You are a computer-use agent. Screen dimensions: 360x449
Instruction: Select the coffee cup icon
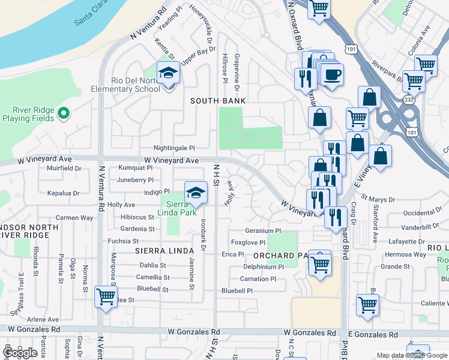coord(331,74)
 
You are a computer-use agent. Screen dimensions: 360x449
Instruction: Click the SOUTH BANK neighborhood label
coord(218,101)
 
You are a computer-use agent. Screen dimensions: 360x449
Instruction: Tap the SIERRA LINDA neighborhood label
coord(158,250)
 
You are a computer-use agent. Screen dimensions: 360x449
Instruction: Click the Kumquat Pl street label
coord(135,168)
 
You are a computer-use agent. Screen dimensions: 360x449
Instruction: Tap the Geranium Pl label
coord(263,230)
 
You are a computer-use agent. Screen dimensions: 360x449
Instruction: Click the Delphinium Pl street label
coord(264,266)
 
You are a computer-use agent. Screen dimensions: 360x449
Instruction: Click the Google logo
coord(20,353)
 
